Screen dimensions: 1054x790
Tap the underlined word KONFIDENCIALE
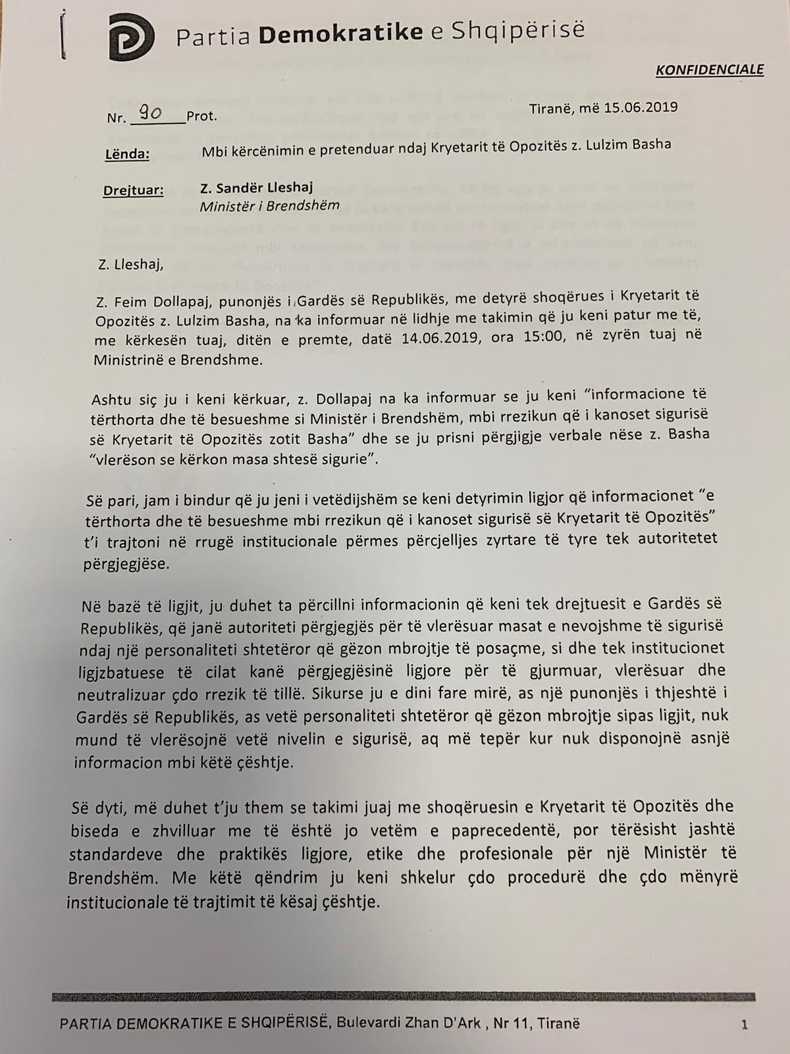click(710, 70)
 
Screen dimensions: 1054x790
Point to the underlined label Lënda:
click(127, 154)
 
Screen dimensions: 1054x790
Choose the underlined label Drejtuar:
click(133, 190)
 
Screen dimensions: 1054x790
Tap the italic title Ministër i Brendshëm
click(270, 206)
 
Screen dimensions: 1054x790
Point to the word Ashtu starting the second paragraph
click(111, 400)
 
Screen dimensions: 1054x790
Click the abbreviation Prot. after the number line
click(201, 117)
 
